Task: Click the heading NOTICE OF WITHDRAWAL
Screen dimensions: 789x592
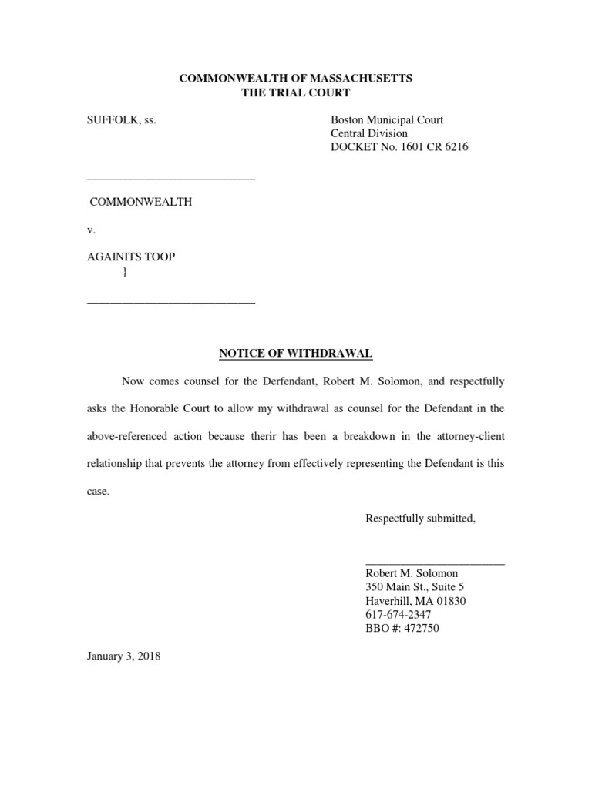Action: [296, 353]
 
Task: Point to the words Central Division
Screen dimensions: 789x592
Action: [369, 133]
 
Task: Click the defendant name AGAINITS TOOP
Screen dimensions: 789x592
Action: [131, 257]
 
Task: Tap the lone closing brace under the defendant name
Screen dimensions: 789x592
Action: [125, 270]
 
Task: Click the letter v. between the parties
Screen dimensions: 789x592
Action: [91, 230]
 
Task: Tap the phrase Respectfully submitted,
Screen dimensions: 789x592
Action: [420, 519]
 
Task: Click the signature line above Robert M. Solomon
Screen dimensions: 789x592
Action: [435, 565]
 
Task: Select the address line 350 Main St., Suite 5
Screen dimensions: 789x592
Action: [415, 587]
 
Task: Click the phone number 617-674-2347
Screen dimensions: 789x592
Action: [398, 614]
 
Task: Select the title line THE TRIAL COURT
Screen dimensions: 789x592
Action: [296, 92]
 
